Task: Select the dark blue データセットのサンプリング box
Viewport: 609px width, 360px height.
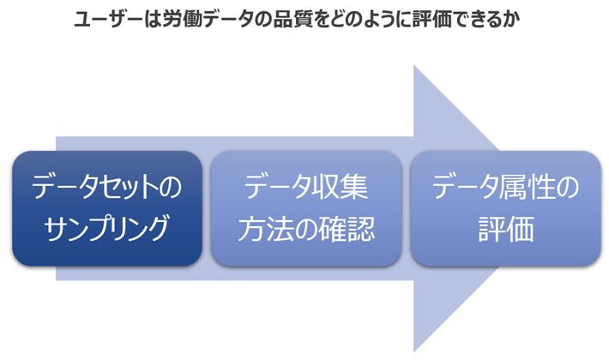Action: tap(107, 207)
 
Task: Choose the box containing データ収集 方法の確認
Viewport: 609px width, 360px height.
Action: tap(306, 207)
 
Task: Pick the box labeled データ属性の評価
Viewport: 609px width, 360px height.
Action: tap(504, 207)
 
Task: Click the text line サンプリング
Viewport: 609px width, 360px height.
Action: tap(107, 229)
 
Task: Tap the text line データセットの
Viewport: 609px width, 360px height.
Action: tap(107, 186)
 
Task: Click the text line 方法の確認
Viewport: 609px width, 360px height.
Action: tap(306, 229)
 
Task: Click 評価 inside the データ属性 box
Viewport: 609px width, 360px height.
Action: tap(504, 229)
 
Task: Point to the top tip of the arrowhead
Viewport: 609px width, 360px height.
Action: tap(414, 64)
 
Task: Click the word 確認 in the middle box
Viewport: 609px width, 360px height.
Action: tap(351, 229)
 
